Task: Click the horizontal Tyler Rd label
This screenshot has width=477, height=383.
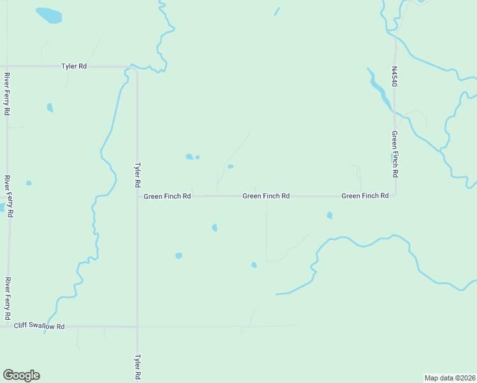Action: pos(74,66)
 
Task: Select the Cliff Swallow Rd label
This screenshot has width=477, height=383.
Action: pos(40,326)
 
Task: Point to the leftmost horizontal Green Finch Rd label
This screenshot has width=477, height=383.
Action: pos(167,196)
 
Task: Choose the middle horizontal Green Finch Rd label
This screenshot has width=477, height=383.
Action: pos(266,196)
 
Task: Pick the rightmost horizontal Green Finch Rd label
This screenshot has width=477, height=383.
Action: pos(365,196)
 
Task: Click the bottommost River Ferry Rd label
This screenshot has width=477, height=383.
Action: pos(6,298)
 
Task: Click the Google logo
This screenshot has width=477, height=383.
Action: pos(21,375)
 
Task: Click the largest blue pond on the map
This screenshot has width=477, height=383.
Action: pos(48,15)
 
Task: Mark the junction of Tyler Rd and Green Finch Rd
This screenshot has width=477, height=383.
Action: pos(137,196)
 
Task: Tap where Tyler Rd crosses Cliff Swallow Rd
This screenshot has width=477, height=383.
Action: pos(137,326)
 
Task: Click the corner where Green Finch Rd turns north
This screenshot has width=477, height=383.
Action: pos(395,195)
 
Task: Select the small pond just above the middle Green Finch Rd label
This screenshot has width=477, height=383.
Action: pos(230,167)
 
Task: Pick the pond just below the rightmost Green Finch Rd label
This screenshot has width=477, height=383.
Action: pos(330,216)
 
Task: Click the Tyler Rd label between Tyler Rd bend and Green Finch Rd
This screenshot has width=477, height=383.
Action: pos(137,174)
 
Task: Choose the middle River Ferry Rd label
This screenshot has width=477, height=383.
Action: pos(6,197)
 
